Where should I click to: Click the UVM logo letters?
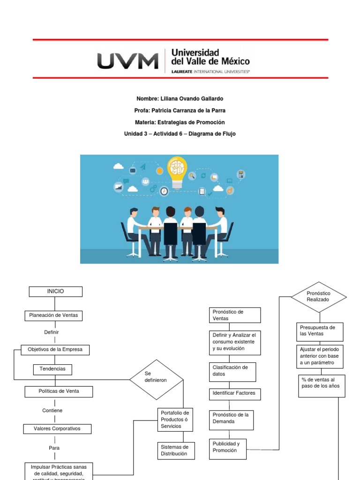tap(127, 61)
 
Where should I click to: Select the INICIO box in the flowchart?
tap(55, 292)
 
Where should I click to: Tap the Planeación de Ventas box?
tap(53, 316)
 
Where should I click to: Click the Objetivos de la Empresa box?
tap(55, 350)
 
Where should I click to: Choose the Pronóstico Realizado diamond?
tap(319, 296)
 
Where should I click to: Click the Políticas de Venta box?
tap(59, 391)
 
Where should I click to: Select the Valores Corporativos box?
tap(57, 429)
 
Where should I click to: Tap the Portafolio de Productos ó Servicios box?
tap(175, 419)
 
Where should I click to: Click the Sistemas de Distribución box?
tap(176, 450)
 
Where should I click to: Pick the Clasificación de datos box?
tap(234, 371)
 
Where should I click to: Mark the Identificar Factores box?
tap(234, 394)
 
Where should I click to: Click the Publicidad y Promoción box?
tap(227, 447)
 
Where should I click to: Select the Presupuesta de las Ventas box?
tap(320, 331)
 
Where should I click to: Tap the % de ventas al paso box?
tap(322, 386)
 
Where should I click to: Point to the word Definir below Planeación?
tap(52, 332)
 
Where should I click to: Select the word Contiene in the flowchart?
tap(52, 411)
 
